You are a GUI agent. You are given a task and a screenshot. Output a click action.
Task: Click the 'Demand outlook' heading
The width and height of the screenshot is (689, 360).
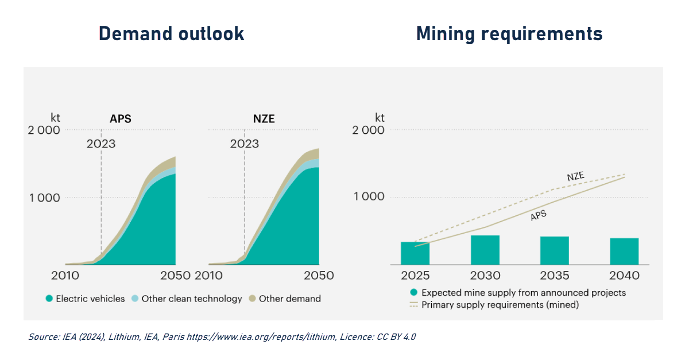pyautogui.click(x=171, y=33)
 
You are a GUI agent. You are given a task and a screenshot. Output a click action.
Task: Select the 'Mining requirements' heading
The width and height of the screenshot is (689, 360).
pyautogui.click(x=509, y=33)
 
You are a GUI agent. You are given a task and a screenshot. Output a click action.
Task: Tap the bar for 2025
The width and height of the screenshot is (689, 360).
pyautogui.click(x=415, y=253)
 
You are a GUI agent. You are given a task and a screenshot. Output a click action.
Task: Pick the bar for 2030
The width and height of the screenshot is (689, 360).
pyautogui.click(x=485, y=250)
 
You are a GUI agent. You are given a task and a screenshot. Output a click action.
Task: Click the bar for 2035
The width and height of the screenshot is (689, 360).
pyautogui.click(x=555, y=250)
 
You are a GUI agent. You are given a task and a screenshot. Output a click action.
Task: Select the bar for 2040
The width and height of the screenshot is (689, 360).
pyautogui.click(x=624, y=251)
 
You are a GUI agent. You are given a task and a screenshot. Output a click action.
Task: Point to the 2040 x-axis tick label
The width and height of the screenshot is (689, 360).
pyautogui.click(x=624, y=276)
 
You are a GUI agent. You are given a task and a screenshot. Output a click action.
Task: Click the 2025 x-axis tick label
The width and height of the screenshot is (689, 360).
pyautogui.click(x=415, y=276)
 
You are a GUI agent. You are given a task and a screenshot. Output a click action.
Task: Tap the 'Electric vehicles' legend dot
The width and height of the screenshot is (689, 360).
pyautogui.click(x=49, y=299)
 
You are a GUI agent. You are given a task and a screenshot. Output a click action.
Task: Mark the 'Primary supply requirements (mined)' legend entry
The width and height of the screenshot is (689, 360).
pyautogui.click(x=500, y=305)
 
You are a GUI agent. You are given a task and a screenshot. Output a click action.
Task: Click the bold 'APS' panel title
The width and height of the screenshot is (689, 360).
pyautogui.click(x=121, y=119)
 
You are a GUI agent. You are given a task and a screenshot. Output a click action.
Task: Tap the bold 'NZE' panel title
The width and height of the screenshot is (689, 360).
pyautogui.click(x=264, y=119)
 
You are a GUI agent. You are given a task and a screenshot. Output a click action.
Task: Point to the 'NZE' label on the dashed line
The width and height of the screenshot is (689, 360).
pyautogui.click(x=576, y=176)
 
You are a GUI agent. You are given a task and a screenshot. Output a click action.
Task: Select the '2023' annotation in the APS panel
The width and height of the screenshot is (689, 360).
pyautogui.click(x=101, y=144)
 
